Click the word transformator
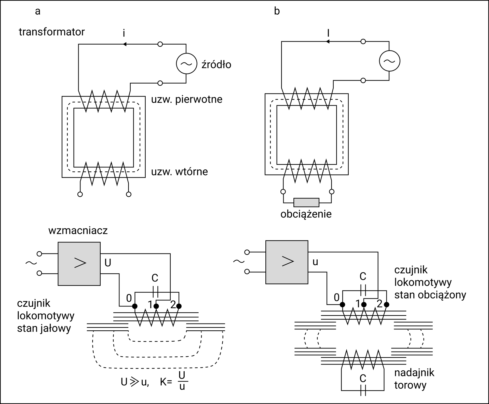[x=52, y=32]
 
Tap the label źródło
[x=216, y=64]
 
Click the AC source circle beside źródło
[x=186, y=64]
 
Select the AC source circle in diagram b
[x=389, y=61]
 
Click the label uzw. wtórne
[x=180, y=172]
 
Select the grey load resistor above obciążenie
[x=306, y=203]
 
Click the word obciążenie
[x=306, y=214]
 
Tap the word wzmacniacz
[x=78, y=231]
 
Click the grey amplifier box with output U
[x=79, y=264]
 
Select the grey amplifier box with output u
[x=287, y=262]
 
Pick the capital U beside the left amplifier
[x=108, y=263]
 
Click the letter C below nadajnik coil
[x=363, y=379]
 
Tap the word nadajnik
[x=414, y=373]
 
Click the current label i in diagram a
[x=124, y=33]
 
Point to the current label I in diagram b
[x=329, y=33]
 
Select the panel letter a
[x=38, y=11]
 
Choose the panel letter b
[x=277, y=11]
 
